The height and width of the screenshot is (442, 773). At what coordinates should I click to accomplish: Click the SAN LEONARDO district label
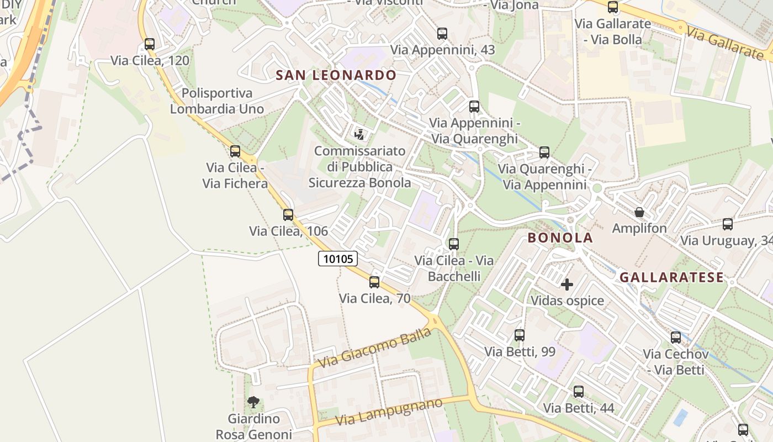pos(336,75)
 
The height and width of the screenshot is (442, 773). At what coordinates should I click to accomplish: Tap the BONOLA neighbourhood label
pos(560,238)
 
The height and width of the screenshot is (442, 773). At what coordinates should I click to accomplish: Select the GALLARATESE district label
pos(671,277)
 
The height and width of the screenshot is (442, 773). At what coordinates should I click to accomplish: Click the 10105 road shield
pos(338,259)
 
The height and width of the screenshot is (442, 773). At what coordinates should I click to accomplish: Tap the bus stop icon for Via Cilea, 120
pos(150,44)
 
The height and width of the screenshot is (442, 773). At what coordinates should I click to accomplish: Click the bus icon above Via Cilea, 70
pos(374,282)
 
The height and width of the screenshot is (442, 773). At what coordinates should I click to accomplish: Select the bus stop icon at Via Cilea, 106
pos(288,215)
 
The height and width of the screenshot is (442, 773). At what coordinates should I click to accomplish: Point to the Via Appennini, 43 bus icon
pos(442,34)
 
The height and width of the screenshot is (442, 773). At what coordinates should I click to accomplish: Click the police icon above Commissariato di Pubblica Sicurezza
pos(359,134)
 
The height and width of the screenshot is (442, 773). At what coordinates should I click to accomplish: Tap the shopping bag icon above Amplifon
pos(639,212)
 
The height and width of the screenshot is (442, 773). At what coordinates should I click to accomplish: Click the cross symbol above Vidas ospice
pos(567,285)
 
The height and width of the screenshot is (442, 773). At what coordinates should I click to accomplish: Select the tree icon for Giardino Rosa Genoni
pos(253,402)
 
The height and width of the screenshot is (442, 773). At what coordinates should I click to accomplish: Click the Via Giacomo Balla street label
pos(375,348)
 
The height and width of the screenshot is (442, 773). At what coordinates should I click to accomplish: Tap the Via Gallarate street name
pos(725,43)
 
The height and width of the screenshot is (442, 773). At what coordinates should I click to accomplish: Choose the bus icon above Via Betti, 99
pos(520,335)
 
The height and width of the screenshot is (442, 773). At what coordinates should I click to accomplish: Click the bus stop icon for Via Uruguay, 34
pos(728,224)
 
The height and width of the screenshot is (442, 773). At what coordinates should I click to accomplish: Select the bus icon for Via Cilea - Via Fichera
pos(235,151)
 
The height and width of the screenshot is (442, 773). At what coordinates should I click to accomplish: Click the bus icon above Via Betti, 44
pos(578,392)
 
